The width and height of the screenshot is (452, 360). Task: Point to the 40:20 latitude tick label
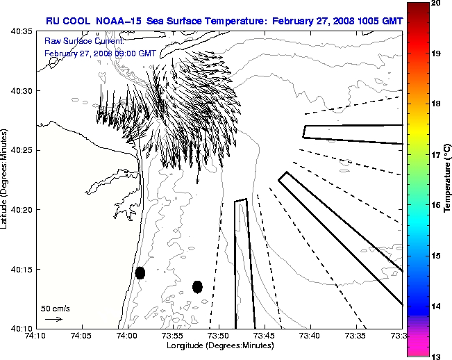click(22, 209)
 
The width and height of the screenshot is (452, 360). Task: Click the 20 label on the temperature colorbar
click(435, 3)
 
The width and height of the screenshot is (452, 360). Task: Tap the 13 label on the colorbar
click(435, 356)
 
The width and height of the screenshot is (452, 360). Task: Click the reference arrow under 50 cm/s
click(53, 319)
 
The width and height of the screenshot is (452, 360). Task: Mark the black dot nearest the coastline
click(140, 272)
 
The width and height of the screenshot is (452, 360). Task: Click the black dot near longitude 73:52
click(197, 286)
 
